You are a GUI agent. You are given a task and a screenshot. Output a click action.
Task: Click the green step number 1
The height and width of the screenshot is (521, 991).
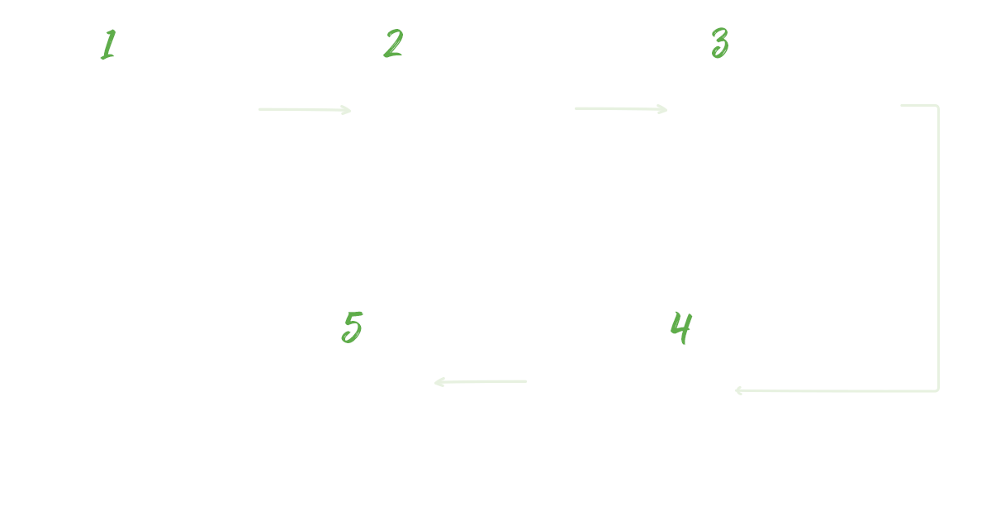coord(107,45)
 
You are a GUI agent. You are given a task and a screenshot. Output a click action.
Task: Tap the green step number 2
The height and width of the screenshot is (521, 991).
coord(393,44)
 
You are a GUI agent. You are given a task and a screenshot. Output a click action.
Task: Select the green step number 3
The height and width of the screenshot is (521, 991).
coord(720,44)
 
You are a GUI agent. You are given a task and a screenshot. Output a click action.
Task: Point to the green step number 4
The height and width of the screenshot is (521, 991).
coord(680,328)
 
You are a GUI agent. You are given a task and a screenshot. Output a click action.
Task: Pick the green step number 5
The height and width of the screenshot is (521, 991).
coord(353,328)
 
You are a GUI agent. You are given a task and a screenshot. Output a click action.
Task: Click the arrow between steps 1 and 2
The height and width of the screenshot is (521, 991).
coord(305,109)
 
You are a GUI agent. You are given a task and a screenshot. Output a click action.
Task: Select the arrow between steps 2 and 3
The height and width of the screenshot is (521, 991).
coord(621,109)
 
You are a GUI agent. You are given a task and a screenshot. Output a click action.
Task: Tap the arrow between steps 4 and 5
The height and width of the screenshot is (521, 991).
coord(480,381)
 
